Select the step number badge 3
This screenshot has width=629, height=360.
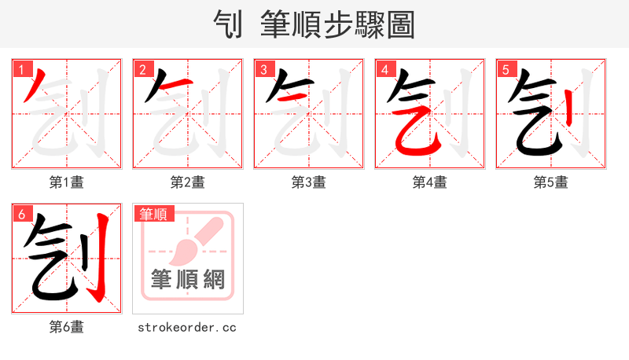point(263,69)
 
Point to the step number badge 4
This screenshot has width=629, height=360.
point(384,69)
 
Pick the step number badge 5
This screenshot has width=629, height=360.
point(506,69)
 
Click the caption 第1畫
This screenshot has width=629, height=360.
point(67,182)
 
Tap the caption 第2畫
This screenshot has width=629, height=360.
point(188,182)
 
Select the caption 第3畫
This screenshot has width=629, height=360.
point(309,182)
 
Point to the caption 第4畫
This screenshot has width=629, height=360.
point(430,182)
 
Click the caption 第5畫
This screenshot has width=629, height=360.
point(551,182)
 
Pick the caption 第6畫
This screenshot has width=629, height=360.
point(67,327)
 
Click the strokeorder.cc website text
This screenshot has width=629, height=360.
point(187,327)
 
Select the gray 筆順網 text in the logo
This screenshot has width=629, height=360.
point(187,280)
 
